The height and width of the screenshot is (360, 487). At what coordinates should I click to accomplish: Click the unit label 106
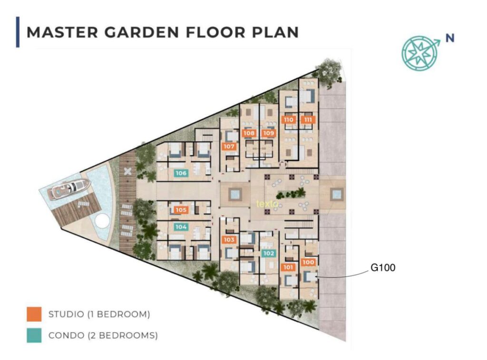click(181, 173)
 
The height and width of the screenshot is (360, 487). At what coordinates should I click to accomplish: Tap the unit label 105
click(181, 210)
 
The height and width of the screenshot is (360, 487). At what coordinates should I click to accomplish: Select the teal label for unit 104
click(181, 227)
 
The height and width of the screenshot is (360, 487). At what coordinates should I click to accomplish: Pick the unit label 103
click(229, 240)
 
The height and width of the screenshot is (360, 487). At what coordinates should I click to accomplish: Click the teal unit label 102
click(269, 253)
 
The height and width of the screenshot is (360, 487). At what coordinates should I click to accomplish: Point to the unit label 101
click(288, 267)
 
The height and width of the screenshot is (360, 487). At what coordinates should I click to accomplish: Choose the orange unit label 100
click(308, 262)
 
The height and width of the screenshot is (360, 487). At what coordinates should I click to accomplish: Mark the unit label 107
click(229, 146)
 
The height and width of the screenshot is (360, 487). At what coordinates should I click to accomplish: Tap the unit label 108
click(249, 133)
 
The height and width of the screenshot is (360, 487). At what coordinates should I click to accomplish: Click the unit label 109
click(269, 133)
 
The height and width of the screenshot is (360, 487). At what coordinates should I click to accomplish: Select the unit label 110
click(289, 119)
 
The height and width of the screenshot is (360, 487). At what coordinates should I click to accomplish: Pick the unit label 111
click(308, 119)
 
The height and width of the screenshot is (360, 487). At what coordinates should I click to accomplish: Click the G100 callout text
click(383, 267)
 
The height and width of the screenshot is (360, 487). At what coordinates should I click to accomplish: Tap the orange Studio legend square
click(34, 314)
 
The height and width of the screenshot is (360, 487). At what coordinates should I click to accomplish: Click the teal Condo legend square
click(34, 335)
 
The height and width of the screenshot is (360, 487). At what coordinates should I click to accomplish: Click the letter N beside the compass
click(450, 38)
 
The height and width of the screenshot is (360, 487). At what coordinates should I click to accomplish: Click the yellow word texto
click(267, 204)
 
